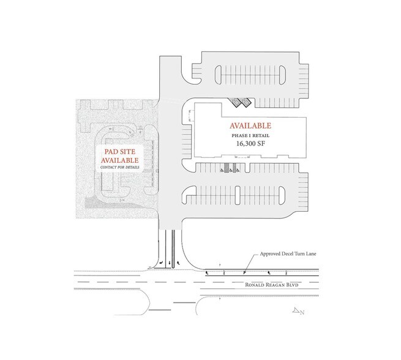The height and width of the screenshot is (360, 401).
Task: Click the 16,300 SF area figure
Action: [x=241, y=144]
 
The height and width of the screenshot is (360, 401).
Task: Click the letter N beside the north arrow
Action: [x=301, y=312]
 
